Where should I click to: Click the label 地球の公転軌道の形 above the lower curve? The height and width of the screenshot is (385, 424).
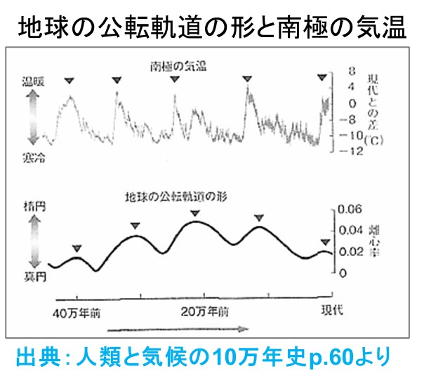click(x=185, y=195)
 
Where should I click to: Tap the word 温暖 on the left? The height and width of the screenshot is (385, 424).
click(x=33, y=81)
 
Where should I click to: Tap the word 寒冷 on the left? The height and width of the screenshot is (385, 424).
click(x=33, y=161)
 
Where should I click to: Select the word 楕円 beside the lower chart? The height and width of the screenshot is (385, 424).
click(x=33, y=208)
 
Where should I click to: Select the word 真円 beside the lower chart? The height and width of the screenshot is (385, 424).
click(x=33, y=278)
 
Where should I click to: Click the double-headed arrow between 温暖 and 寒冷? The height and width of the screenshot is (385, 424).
click(x=32, y=121)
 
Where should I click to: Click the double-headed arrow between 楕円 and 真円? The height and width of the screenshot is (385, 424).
click(x=32, y=243)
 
